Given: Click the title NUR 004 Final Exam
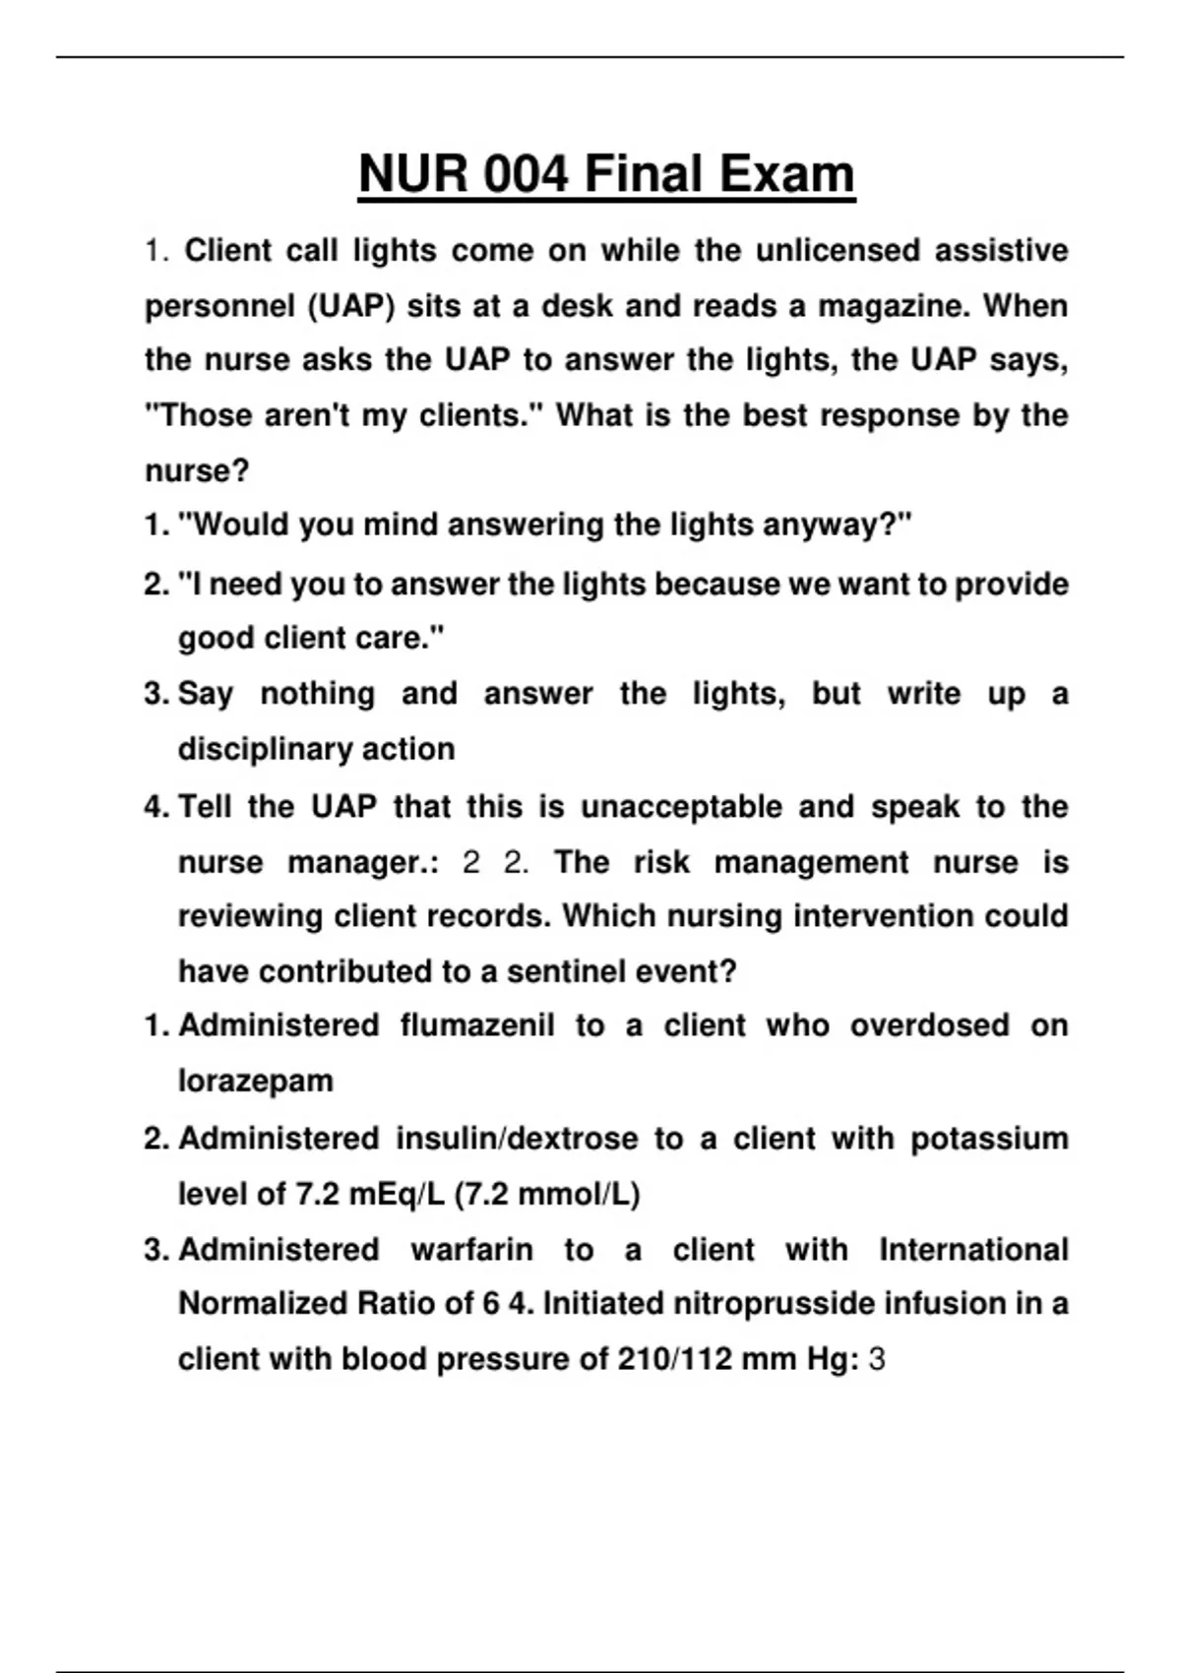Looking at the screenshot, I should point(606,174).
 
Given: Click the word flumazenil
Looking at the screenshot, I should point(477,1025).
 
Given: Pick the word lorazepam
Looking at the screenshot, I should point(255,1081).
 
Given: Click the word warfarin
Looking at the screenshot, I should point(471,1250).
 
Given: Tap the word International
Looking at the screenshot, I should point(972,1250).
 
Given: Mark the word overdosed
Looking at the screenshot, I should point(929,1025).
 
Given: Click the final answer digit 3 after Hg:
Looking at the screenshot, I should point(877,1360).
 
